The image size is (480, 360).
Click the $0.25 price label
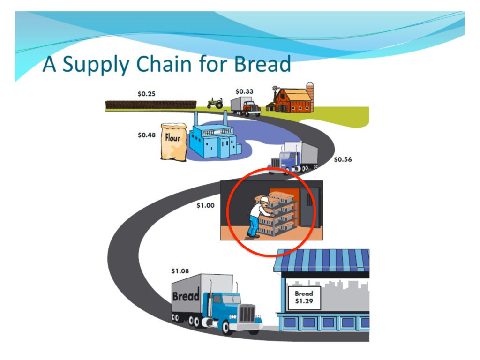(146, 94)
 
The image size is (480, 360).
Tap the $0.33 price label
(244, 91)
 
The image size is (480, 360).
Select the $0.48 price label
(146, 135)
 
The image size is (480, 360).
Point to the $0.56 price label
(343, 159)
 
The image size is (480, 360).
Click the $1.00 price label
(205, 205)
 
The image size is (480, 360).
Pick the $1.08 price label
(180, 271)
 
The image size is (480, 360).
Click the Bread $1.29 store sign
(304, 297)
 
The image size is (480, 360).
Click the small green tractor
(215, 103)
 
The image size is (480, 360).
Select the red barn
(292, 101)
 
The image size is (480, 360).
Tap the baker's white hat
(264, 200)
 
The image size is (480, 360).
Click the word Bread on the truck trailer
(186, 297)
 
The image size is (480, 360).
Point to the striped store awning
(322, 260)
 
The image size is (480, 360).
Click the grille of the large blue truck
(247, 313)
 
